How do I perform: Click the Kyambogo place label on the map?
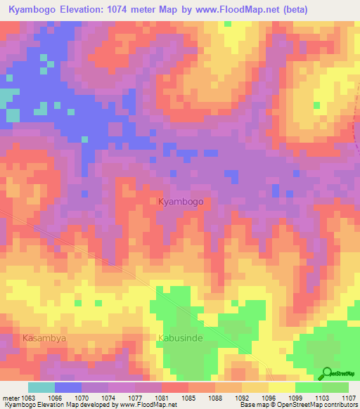[x=181, y=202]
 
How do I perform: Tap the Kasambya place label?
[x=44, y=338]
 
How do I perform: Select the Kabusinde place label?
[x=179, y=338]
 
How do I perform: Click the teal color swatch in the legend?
[x=41, y=387]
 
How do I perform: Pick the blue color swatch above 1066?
[x=68, y=387]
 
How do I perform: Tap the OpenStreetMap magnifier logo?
[x=328, y=373]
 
